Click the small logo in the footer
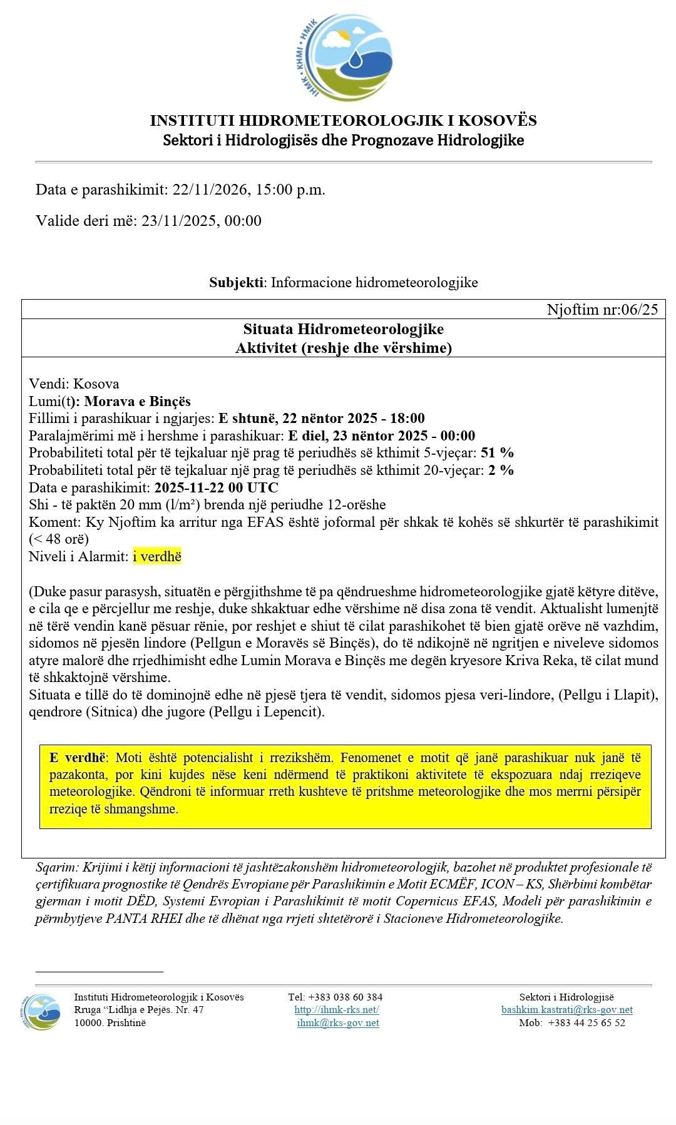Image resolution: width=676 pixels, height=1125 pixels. (42, 1011)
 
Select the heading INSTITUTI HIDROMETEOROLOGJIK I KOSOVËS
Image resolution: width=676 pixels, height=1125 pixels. (343, 120)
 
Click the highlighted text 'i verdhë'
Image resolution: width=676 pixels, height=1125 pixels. (157, 556)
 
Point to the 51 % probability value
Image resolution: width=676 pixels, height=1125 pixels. (497, 453)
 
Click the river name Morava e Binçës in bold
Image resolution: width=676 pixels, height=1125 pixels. (137, 401)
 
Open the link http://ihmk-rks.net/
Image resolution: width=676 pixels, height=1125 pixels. (337, 1010)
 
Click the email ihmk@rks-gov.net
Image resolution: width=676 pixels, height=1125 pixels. (338, 1023)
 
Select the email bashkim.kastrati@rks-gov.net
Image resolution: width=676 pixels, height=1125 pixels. (566, 1010)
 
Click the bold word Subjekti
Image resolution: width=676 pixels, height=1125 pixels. (236, 282)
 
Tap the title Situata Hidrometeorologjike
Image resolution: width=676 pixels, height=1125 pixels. (343, 329)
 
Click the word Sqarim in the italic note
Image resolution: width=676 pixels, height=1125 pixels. (55, 868)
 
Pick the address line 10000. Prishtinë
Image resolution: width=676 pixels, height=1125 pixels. (110, 1023)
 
